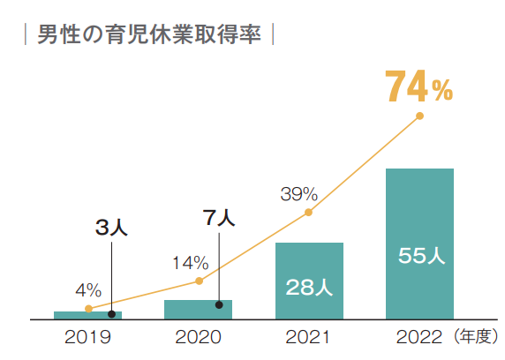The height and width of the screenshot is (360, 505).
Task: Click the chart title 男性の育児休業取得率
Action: point(148,36)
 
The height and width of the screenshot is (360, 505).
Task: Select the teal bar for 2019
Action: point(87,314)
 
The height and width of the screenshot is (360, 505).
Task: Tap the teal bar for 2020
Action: point(198,309)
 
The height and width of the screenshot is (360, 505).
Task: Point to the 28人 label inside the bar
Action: point(309,287)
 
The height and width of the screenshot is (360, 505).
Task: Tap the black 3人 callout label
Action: point(111,228)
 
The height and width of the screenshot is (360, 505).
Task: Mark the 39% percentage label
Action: point(298,193)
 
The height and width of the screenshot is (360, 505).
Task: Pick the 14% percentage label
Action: point(190,262)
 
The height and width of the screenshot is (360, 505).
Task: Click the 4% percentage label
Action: point(87,289)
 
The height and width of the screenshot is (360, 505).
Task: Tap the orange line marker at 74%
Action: point(419,116)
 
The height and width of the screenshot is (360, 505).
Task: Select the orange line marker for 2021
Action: point(309,212)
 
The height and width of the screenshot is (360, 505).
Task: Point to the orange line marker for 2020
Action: point(199,281)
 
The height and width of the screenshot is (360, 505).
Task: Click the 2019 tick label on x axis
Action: point(87,336)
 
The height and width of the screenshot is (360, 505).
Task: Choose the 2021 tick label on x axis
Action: point(309,336)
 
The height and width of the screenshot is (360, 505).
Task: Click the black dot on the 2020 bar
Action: point(219,304)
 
